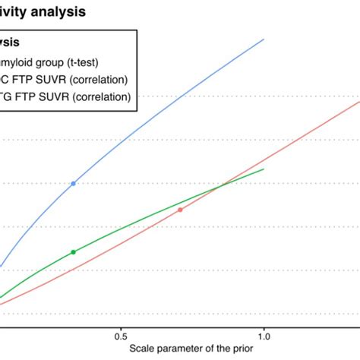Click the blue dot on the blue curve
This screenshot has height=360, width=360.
[x=73, y=184]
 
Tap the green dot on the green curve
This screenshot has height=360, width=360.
[x=73, y=252]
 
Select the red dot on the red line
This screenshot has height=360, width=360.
[x=180, y=210]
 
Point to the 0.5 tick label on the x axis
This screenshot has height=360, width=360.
[x=120, y=335]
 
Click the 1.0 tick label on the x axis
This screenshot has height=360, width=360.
[x=264, y=335]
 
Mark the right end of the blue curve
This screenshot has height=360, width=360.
[x=264, y=38]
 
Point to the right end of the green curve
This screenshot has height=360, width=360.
[x=264, y=169]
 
